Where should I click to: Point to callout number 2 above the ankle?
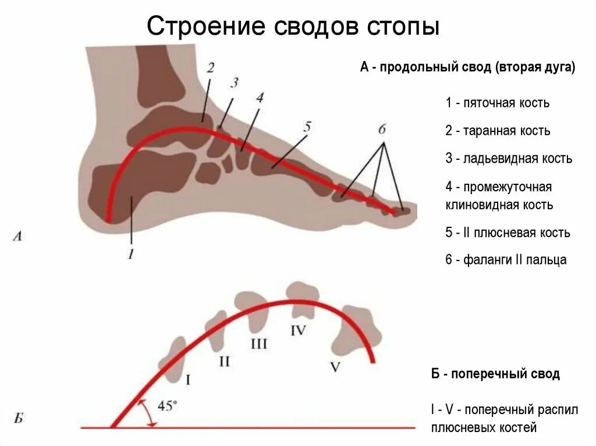pos(210,67)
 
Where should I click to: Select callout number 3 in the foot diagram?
pos(234,83)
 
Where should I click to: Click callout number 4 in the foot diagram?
pos(260,97)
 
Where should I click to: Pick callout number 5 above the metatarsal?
pos(307,126)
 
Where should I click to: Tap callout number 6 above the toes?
pos(382,130)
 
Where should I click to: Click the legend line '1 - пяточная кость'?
pos(498,103)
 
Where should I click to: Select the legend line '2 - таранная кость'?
pos(498,131)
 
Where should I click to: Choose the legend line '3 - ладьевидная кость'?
pos(509,159)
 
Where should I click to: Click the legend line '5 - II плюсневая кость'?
pos(508,233)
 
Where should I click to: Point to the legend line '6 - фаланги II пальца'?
pos(506,260)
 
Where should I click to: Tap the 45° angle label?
pos(168,406)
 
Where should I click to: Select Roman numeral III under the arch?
pos(258,344)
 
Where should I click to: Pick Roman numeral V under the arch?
pos(335,367)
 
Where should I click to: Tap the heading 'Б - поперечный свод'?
pos(495,374)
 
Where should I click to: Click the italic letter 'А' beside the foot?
pos(17,236)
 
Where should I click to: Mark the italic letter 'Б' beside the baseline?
pos(18,418)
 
